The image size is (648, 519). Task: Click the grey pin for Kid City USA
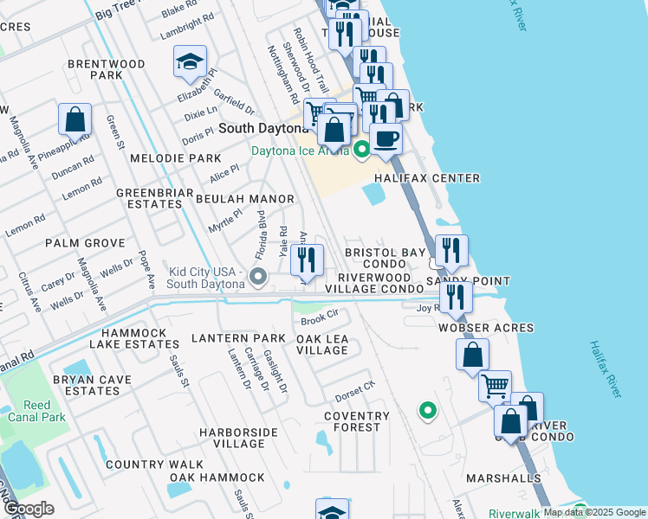(x=257, y=277)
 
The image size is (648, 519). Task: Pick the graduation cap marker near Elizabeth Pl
(x=190, y=62)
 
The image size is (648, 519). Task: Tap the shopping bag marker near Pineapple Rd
(x=75, y=120)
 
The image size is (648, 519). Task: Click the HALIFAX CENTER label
(x=427, y=178)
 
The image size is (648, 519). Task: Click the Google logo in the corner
(x=29, y=508)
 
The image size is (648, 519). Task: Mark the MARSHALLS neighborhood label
(x=503, y=477)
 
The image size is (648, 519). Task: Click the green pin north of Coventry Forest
(x=425, y=409)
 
